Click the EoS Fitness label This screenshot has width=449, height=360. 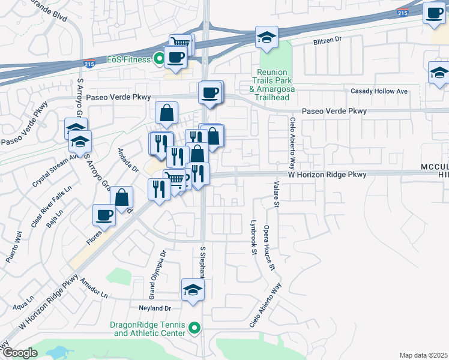(x=128, y=59)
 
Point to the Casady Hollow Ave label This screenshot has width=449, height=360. (x=379, y=91)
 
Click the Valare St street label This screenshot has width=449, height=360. (x=277, y=195)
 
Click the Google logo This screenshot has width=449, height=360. (x=20, y=353)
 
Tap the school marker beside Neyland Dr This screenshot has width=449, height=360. (x=193, y=290)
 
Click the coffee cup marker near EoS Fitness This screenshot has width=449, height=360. (x=175, y=56)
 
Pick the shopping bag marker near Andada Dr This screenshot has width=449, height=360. (x=121, y=197)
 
